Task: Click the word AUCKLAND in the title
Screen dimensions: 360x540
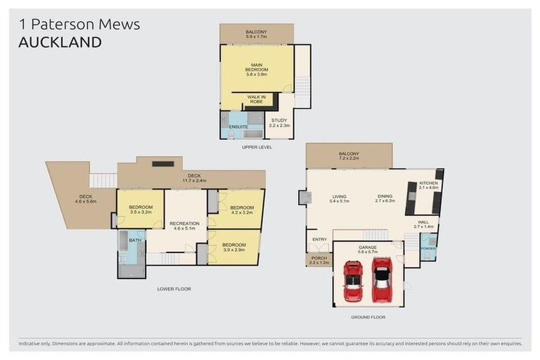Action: (60, 42)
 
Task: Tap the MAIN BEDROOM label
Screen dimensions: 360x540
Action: (256, 70)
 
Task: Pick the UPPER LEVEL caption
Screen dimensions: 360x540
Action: (257, 147)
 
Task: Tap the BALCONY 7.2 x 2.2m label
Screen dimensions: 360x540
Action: (349, 157)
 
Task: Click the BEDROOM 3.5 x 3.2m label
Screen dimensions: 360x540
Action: (141, 209)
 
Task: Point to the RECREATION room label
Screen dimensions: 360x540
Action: (184, 226)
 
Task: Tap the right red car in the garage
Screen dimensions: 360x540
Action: (382, 278)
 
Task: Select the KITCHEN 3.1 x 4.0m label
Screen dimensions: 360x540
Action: (428, 185)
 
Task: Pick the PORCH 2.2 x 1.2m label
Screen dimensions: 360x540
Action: (319, 260)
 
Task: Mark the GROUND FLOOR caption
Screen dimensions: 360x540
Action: (368, 317)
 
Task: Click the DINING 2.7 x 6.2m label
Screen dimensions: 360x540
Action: (385, 199)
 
